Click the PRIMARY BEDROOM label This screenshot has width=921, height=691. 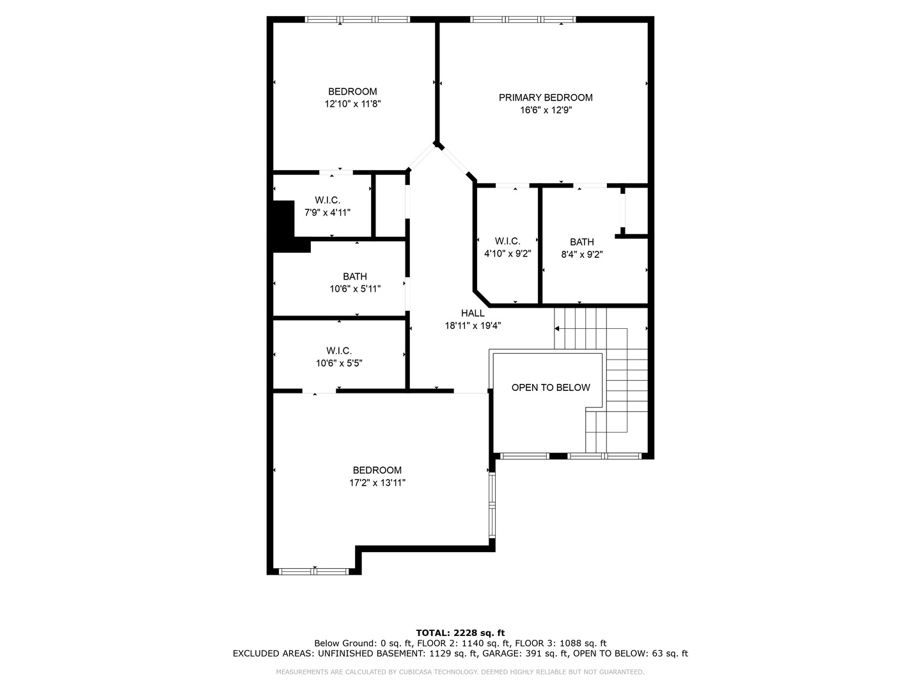[546, 98]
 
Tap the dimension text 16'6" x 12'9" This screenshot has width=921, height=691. [546, 110]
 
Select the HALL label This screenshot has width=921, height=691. [473, 313]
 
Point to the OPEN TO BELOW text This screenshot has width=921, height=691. [551, 388]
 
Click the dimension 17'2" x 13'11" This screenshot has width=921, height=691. [377, 483]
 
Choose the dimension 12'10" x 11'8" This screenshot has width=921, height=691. [352, 104]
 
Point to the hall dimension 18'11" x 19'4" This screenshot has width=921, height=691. [473, 326]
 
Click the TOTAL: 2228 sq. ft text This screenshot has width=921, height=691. [460, 633]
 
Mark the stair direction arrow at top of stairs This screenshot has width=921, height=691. [557, 328]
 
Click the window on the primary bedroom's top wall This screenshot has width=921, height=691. [523, 19]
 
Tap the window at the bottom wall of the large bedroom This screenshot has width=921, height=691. [314, 571]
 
